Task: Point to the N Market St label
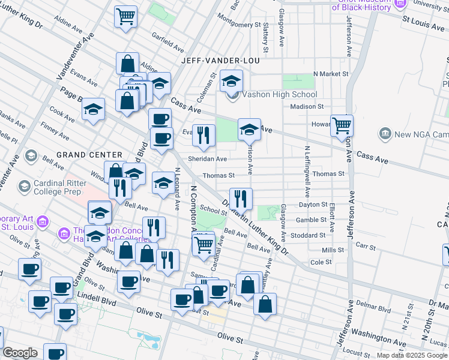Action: (330, 74)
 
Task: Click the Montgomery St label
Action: (237, 25)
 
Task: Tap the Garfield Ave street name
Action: (167, 44)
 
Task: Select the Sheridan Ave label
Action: (206, 159)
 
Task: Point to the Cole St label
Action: (321, 262)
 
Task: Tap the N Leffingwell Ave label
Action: (307, 172)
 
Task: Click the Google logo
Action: (20, 353)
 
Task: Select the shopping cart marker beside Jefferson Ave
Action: (342, 126)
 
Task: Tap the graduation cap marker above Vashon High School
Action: (231, 81)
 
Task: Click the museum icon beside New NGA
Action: (385, 133)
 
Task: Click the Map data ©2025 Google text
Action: (412, 355)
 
